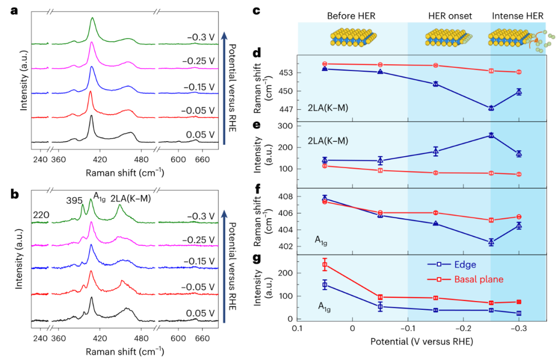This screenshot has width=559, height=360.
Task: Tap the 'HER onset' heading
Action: click(450, 16)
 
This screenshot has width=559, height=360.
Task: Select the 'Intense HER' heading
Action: click(518, 16)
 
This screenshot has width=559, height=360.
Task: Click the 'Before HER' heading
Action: click(351, 16)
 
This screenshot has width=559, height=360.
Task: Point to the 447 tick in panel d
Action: click(287, 110)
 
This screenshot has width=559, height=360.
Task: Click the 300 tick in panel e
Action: click(287, 126)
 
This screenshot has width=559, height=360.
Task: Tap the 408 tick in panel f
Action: click(287, 197)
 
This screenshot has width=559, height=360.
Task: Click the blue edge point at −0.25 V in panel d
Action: click(491, 108)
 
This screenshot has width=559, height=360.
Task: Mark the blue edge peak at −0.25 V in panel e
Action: click(491, 136)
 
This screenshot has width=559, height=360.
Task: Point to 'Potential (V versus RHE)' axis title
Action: click(421, 342)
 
